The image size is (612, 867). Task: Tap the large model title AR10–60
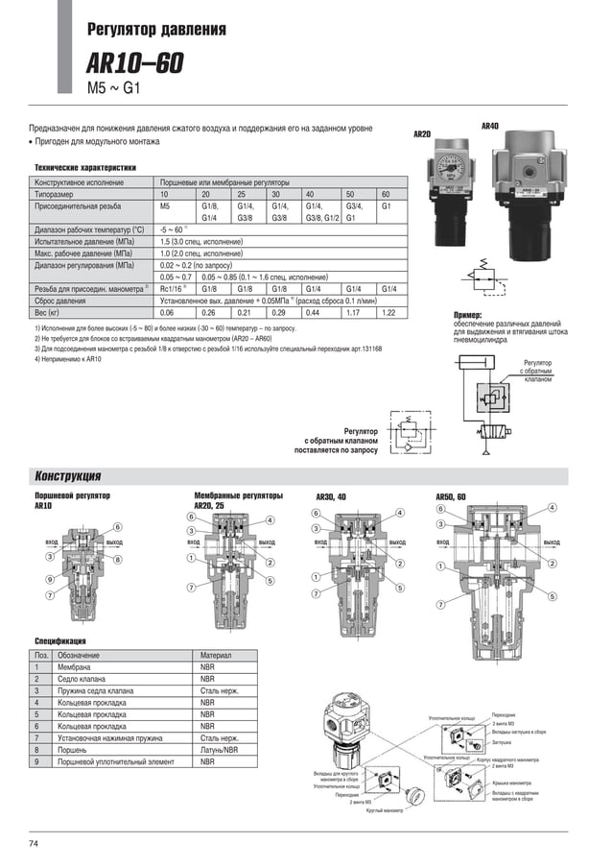(x=134, y=64)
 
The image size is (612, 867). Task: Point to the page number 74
(x=34, y=843)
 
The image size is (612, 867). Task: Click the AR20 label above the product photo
(x=421, y=134)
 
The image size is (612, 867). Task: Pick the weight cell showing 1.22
(x=388, y=312)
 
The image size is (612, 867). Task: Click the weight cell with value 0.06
(x=167, y=312)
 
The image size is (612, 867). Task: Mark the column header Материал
(x=216, y=655)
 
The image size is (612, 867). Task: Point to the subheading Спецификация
(x=60, y=639)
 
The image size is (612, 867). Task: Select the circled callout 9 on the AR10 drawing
(x=49, y=579)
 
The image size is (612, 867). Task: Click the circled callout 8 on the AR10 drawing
(x=117, y=559)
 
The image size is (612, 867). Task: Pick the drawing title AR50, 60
(x=450, y=496)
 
